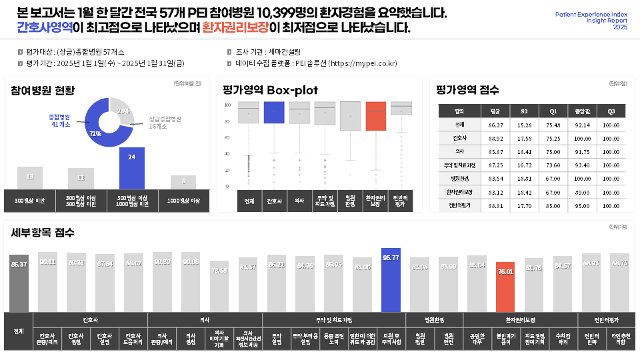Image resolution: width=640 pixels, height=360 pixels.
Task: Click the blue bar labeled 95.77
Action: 391,280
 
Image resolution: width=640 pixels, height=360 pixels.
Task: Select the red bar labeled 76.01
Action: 505,287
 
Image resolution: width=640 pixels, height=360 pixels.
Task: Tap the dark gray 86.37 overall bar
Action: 19,283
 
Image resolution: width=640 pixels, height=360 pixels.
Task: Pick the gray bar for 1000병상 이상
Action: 183,182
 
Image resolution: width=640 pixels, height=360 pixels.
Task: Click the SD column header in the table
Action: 524,111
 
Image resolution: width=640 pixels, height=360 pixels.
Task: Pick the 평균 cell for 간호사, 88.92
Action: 495,139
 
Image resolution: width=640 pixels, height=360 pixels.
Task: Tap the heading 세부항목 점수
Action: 43,233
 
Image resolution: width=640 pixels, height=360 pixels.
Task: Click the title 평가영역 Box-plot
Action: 270,90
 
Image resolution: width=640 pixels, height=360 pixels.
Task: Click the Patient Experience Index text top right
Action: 591,13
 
